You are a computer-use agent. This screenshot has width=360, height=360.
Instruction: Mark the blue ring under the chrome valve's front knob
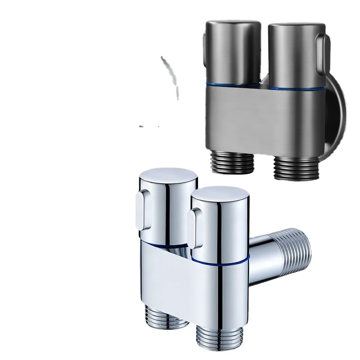point(220,260)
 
